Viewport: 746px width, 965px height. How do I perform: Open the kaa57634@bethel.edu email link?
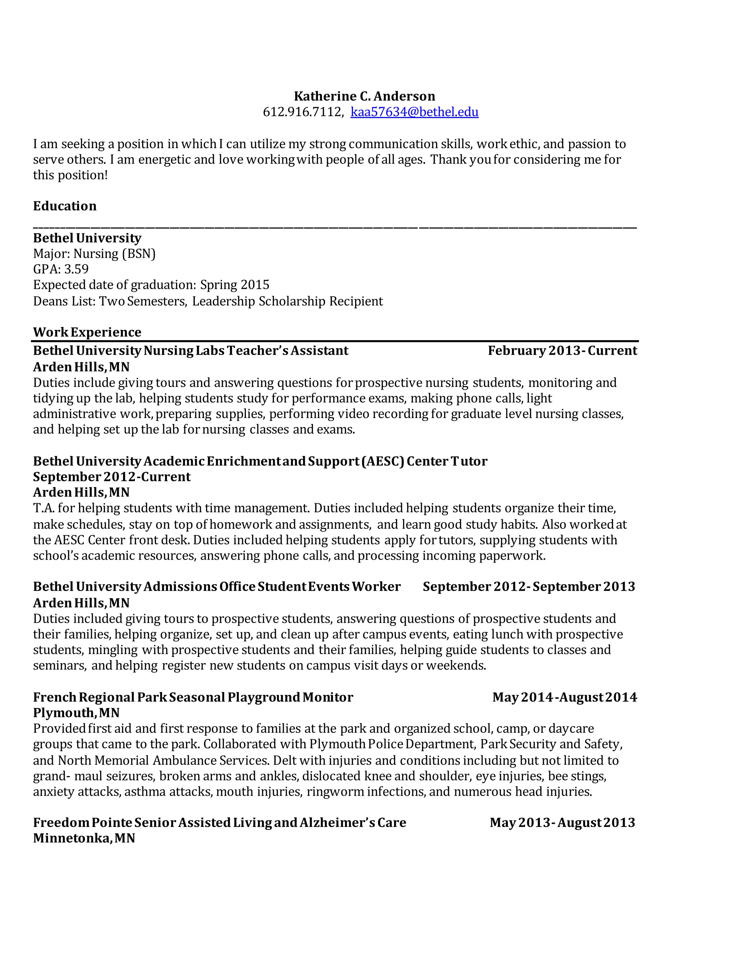(x=414, y=112)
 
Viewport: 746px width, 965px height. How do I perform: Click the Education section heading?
(x=64, y=206)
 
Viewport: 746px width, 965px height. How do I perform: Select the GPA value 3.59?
(x=76, y=269)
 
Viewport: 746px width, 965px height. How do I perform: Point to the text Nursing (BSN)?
(x=114, y=253)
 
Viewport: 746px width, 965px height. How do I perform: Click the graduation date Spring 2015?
(x=235, y=284)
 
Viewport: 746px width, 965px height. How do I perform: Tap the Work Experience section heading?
(x=87, y=332)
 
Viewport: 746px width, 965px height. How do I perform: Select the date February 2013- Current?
(x=562, y=350)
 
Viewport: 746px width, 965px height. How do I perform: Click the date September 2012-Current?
(x=112, y=477)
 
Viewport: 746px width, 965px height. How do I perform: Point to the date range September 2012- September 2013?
(x=529, y=586)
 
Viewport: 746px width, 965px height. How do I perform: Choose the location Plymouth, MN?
(x=76, y=713)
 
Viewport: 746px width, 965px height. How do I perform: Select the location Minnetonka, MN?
(x=84, y=838)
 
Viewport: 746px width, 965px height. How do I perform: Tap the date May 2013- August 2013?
(x=562, y=822)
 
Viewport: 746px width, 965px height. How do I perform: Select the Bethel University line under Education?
(x=87, y=238)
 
